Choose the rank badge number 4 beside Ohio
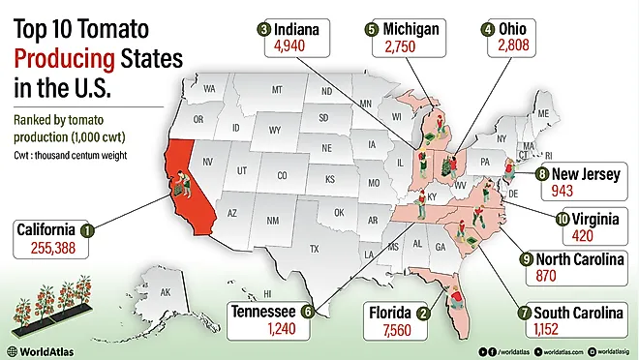(x=487, y=30)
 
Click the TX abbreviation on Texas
(x=314, y=249)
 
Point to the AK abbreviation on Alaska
(x=166, y=292)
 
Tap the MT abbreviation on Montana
(x=276, y=90)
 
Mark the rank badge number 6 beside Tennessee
(x=307, y=312)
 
